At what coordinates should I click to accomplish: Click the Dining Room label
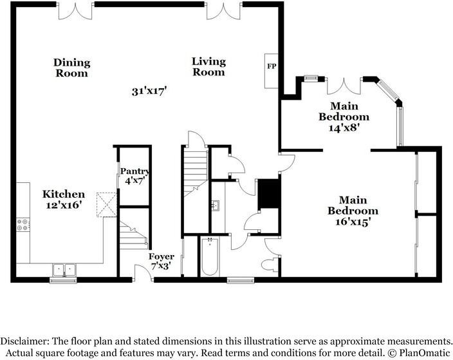71,68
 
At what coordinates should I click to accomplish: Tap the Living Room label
208,66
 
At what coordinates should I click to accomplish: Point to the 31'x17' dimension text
149,91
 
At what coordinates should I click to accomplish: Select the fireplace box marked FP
272,66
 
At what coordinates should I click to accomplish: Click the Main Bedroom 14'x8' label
344,116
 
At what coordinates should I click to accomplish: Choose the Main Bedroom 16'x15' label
353,211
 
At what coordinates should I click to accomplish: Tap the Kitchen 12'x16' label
64,199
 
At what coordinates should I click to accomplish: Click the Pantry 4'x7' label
135,176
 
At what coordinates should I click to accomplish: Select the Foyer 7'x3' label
162,261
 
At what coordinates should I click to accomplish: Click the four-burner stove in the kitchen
23,225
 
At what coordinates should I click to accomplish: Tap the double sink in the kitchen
64,269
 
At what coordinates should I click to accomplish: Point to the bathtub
210,257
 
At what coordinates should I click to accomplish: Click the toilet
271,265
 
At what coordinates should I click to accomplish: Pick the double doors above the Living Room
224,10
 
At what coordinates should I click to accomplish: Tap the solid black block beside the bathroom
268,194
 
